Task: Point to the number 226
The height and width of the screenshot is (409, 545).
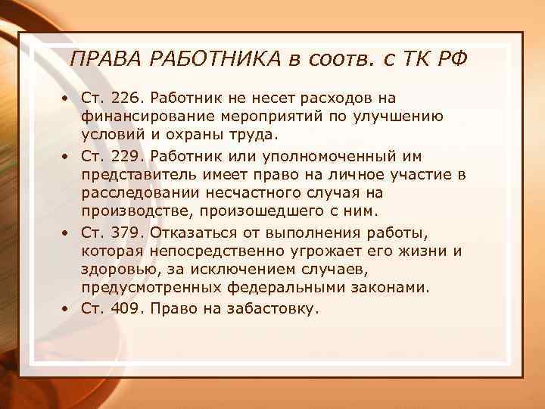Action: [125, 98]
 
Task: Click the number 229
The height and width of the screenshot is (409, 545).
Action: [125, 155]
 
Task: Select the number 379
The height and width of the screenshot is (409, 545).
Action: [125, 231]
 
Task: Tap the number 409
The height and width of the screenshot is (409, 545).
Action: [125, 308]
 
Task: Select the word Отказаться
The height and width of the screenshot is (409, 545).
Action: [194, 231]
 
